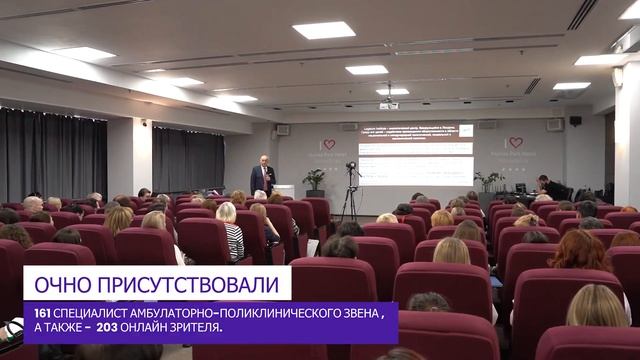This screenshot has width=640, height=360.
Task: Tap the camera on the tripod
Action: [x=350, y=167]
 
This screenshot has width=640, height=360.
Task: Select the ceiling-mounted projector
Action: [x=388, y=104]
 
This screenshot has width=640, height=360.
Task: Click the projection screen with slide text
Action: [x=415, y=154]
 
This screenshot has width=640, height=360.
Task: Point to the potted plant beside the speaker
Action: [x=315, y=180]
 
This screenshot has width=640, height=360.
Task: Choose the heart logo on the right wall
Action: [x=514, y=143]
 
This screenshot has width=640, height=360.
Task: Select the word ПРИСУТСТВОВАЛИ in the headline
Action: [x=187, y=284]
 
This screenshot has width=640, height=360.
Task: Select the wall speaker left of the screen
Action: [x=282, y=129]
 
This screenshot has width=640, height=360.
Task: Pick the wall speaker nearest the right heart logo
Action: [x=554, y=124]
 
